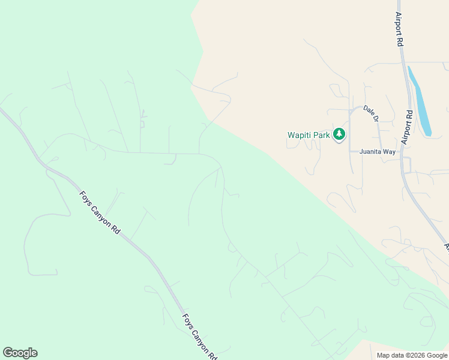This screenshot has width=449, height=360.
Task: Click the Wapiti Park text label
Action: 309,135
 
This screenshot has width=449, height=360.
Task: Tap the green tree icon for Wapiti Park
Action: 340,134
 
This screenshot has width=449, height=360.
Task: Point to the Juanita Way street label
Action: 378,152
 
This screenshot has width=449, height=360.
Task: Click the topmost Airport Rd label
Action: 399,29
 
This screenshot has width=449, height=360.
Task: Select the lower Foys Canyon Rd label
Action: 199,337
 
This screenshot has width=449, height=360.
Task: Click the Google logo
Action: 20,353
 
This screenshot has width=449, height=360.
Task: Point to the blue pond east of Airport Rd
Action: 419,101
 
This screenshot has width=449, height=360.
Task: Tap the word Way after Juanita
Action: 390,152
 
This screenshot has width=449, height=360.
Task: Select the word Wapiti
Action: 300,135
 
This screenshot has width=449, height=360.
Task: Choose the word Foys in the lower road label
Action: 188,321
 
